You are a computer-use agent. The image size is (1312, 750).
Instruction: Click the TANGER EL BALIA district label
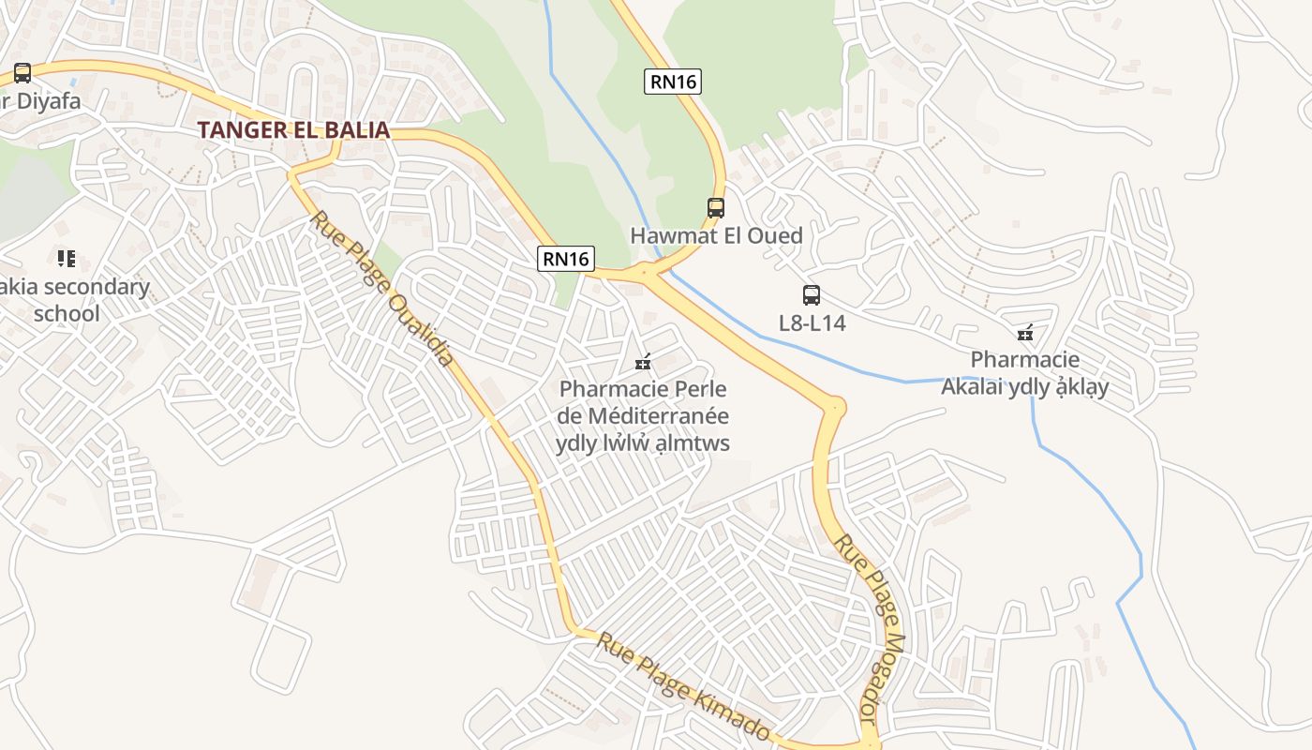tap(293, 130)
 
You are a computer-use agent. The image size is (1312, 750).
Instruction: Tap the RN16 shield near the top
tap(673, 82)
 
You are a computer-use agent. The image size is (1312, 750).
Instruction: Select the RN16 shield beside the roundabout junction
tap(566, 259)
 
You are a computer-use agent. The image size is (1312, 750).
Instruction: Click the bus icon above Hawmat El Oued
tap(716, 208)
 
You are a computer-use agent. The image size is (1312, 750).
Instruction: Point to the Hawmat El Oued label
tap(716, 235)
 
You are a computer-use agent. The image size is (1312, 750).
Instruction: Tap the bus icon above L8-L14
tap(812, 295)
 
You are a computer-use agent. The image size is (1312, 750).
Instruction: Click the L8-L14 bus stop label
tap(812, 323)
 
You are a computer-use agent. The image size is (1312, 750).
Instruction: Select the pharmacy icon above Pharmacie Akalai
tap(1025, 333)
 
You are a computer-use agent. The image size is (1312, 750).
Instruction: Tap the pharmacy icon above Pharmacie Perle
tap(643, 361)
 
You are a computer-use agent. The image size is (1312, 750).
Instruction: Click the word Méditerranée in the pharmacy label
tap(658, 415)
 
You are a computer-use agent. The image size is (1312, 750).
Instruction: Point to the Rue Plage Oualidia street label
tap(382, 288)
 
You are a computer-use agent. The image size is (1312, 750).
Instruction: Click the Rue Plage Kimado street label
tap(683, 687)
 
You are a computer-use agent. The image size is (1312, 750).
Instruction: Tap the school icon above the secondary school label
tap(66, 258)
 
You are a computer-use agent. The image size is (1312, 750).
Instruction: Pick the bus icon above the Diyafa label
tap(22, 73)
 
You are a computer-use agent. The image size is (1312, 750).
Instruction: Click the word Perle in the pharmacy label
tap(700, 388)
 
